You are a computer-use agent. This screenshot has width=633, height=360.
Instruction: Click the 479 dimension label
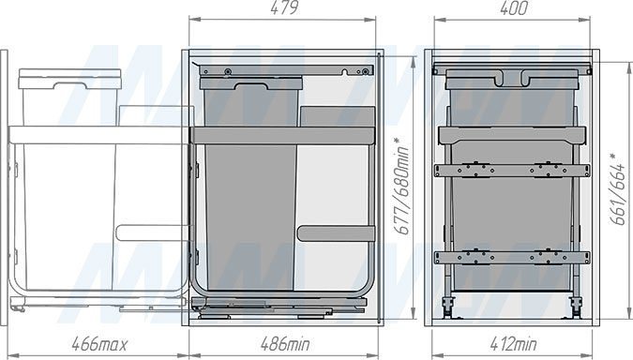coord(284,7)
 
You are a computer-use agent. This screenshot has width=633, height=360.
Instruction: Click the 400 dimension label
coord(514,7)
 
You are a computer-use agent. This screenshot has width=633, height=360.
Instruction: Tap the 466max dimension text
coord(99,344)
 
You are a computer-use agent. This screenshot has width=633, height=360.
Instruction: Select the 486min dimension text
coord(285,344)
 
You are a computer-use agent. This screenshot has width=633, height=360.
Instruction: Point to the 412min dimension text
coord(513,344)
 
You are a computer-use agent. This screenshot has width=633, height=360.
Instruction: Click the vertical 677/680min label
coord(402,186)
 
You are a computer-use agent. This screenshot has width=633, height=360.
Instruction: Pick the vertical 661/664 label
coord(617,188)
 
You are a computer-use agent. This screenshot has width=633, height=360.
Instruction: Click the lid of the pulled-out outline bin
coord(69,79)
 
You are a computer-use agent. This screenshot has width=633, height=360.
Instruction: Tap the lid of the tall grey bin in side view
coord(251,83)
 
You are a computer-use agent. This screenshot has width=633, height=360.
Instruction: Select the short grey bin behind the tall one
coord(338,116)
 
